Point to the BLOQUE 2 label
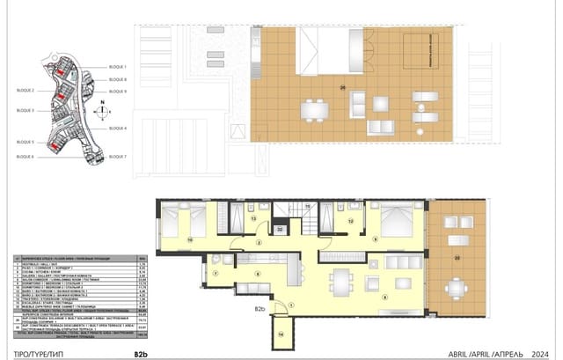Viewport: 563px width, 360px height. click(25, 91)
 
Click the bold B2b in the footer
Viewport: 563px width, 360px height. click(141, 354)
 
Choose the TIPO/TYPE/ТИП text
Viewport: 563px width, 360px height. click(33, 354)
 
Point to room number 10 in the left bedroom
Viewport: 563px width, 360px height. click(189, 238)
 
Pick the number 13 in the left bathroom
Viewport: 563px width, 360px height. click(252, 217)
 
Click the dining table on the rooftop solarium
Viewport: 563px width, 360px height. click(314, 111)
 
